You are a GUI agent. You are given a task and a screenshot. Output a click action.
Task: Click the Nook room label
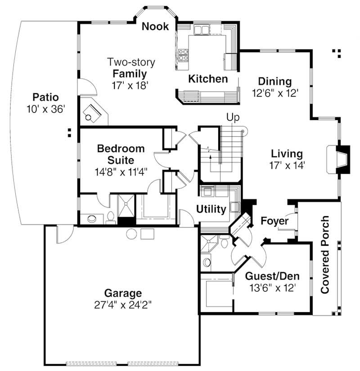[155, 27]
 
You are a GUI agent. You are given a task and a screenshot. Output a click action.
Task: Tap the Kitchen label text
[207, 79]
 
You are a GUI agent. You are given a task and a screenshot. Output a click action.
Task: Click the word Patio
[45, 97]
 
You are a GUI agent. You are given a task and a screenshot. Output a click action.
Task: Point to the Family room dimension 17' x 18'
[130, 85]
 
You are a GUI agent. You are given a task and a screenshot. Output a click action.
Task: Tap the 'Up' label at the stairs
[232, 117]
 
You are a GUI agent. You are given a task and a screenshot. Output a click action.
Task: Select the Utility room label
[211, 209]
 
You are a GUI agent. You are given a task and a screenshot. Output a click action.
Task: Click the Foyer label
[274, 221]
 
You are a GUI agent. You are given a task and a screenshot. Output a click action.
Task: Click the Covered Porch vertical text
[325, 255]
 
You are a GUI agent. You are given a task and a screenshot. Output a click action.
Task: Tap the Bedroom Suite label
[121, 154]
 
